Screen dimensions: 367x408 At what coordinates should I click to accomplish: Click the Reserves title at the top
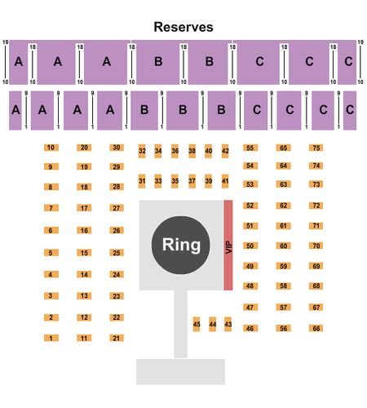(x=183, y=27)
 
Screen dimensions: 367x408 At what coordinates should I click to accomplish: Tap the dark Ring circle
(x=181, y=245)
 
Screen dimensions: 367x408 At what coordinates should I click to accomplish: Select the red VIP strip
(x=228, y=245)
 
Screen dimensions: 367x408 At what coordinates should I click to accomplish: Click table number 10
(x=51, y=148)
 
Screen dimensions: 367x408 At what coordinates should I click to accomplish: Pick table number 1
(x=51, y=338)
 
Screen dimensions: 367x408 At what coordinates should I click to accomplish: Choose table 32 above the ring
(x=142, y=151)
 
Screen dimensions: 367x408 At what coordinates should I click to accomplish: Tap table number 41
(x=225, y=181)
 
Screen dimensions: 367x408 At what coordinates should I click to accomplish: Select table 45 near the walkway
(x=197, y=324)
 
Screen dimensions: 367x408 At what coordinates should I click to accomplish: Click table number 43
(x=228, y=324)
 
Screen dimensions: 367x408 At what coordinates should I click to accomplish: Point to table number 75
(x=316, y=148)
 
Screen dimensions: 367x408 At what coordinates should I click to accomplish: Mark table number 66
(x=316, y=328)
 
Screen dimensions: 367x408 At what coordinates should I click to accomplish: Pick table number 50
(x=250, y=246)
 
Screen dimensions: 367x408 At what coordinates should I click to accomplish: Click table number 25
(x=117, y=253)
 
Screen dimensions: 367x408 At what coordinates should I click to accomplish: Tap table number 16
(x=84, y=231)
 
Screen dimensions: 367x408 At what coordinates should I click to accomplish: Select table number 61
(x=283, y=226)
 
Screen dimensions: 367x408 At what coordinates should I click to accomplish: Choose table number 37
(x=192, y=181)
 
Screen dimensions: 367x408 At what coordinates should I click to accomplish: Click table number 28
(x=117, y=187)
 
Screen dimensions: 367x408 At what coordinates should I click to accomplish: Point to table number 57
(x=283, y=308)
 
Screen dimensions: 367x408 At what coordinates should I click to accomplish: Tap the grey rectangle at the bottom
(x=180, y=371)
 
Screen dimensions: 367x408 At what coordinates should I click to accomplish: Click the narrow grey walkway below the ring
(x=180, y=324)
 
